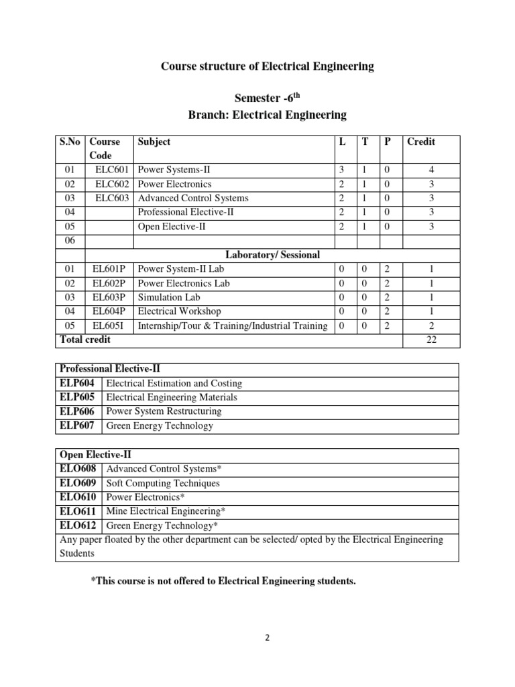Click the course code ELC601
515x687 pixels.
click(112, 170)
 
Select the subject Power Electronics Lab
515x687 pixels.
click(183, 283)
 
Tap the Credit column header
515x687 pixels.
click(421, 142)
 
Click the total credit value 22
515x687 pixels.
click(431, 340)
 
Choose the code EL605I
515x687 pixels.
click(109, 326)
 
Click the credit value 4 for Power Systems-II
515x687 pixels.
click(431, 170)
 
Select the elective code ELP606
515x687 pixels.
click(77, 411)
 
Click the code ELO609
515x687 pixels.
click(78, 483)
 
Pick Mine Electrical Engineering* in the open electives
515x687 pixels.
click(170, 511)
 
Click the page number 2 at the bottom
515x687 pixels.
click(266, 638)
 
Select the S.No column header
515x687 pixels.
click(69, 142)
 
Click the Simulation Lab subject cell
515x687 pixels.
click(169, 297)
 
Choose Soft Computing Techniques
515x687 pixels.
click(163, 483)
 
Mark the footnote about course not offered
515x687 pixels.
click(223, 581)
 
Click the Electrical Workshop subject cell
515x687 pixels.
click(179, 311)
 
